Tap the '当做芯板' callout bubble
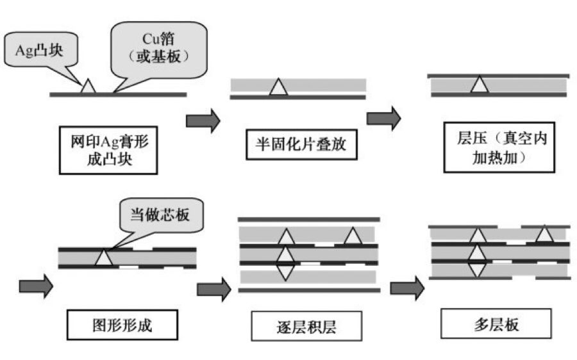click(160, 217)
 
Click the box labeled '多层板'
click(496, 324)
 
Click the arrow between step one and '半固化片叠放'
click(203, 120)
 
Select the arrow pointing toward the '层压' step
click(383, 119)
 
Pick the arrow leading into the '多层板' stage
click(407, 288)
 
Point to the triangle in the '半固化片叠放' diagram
click(277, 88)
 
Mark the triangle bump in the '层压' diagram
click(478, 85)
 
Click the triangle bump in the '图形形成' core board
click(103, 258)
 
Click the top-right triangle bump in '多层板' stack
click(544, 235)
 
